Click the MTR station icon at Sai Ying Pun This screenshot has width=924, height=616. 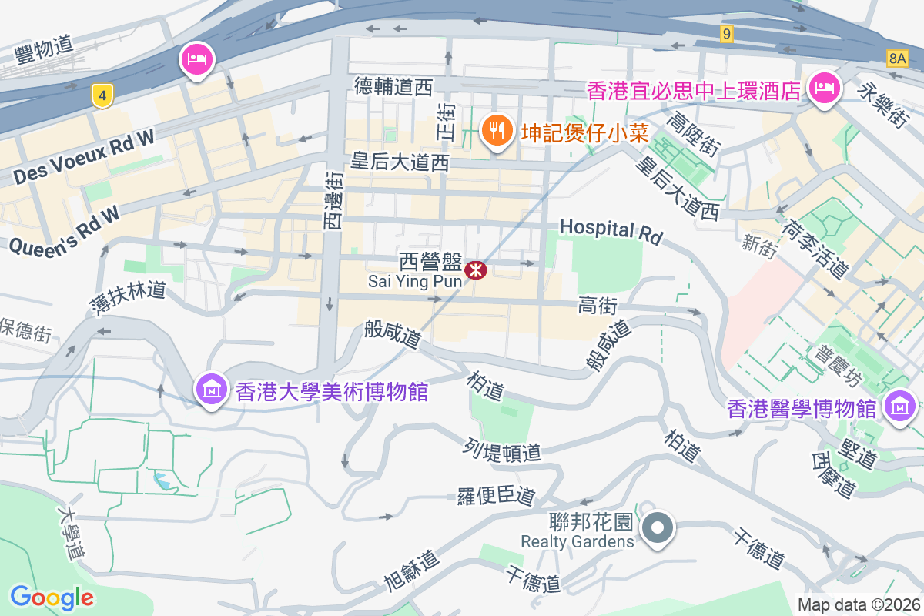coord(477,269)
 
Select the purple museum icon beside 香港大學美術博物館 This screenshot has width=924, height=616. coord(211,390)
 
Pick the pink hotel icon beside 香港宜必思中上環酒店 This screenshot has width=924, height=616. coord(824,89)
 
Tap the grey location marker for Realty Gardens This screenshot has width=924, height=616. coord(658,529)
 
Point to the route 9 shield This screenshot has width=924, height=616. coord(726,33)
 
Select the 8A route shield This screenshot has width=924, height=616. coord(897,58)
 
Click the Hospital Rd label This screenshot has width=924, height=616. coord(611,230)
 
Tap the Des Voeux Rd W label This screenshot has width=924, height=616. coord(84,157)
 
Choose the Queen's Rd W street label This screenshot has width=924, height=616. coord(65,230)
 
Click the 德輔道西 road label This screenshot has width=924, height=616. coord(393,86)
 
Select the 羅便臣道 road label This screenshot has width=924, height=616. coord(496,497)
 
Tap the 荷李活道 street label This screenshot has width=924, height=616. coord(815,249)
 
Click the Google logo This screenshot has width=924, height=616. coord(52,597)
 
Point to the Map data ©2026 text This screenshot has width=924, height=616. coord(859,604)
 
